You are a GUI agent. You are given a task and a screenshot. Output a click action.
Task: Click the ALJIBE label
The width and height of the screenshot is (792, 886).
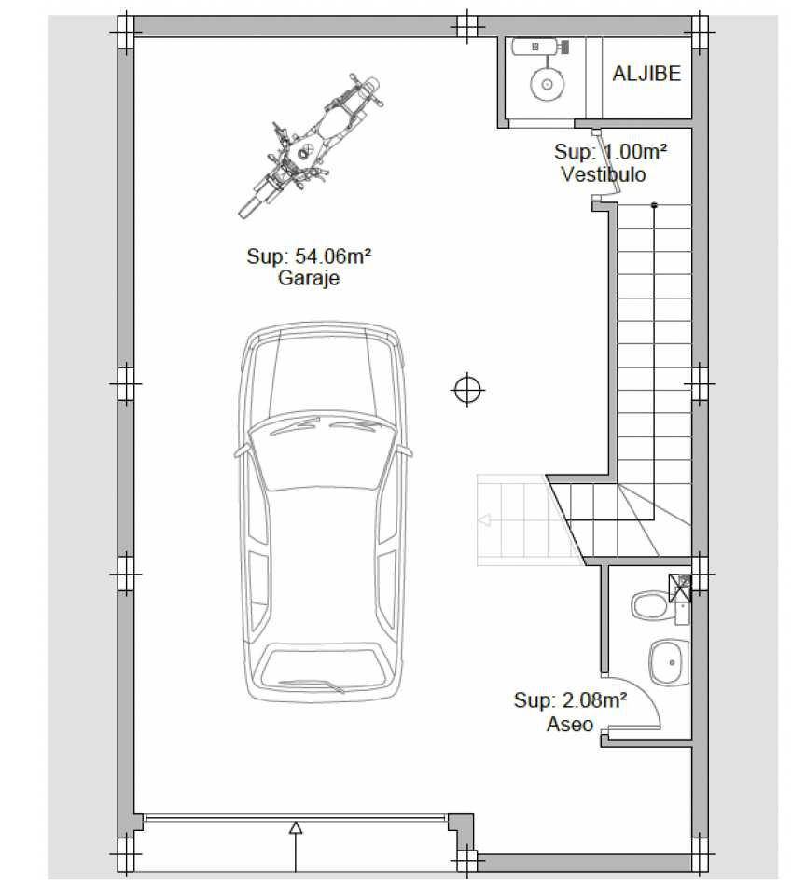click(x=646, y=74)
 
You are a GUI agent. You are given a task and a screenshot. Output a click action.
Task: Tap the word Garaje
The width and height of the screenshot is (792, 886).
click(x=309, y=278)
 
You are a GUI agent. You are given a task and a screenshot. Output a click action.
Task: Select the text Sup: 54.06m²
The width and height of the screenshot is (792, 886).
click(x=309, y=256)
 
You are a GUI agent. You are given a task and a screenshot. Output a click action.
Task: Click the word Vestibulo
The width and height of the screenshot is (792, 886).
click(x=604, y=174)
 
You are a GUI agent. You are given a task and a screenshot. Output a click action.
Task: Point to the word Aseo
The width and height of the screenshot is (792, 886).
click(x=569, y=724)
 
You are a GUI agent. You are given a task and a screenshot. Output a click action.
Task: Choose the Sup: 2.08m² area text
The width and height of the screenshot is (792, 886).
click(x=570, y=700)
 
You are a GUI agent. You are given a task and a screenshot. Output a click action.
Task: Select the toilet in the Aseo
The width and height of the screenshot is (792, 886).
click(x=650, y=605)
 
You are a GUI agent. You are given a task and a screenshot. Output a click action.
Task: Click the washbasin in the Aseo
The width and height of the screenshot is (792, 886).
click(x=669, y=661)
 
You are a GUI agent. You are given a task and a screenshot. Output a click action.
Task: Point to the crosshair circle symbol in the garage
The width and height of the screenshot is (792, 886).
click(x=467, y=389)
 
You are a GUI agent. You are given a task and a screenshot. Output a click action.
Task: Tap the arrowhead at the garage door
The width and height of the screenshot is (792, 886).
click(x=295, y=828)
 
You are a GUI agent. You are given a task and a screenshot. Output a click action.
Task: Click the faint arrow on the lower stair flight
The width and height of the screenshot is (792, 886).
click(x=484, y=520)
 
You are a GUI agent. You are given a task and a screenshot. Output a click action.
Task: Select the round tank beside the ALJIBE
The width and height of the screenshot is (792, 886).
click(x=547, y=84)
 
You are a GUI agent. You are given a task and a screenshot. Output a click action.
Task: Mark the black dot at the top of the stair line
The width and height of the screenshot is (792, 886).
click(x=654, y=205)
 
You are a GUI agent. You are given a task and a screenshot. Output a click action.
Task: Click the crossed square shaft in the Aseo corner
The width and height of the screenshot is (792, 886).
click(x=679, y=588)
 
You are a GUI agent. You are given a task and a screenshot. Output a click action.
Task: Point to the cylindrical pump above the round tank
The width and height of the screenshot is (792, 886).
click(x=539, y=47)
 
